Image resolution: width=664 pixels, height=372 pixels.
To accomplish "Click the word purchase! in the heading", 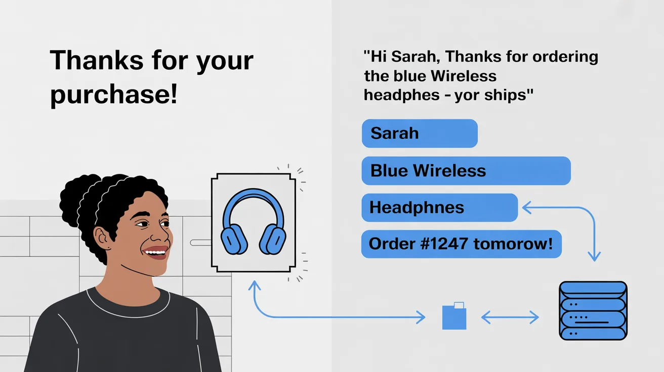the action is pos(114,95).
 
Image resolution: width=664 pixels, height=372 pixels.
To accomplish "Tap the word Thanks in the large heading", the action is pos(97,60).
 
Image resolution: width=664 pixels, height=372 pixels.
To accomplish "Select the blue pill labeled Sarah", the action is pos(420,133).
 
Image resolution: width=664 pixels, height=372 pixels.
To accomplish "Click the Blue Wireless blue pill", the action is pos(466,171).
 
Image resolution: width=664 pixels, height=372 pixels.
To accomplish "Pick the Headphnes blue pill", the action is pos(440,207).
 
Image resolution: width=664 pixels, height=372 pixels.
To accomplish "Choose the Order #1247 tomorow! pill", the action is pos(461,244).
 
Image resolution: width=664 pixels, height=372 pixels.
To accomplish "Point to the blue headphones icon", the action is pos(254,222).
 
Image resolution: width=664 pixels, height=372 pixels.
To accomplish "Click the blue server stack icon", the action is pos(593,310).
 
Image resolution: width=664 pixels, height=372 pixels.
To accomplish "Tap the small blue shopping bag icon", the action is pos(454,316).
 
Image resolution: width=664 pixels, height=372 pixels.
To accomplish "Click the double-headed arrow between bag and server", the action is pos(510,317).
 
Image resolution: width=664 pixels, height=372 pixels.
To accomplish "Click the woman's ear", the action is pos(102,239).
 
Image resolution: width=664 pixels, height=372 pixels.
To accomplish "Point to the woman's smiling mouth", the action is pos(156,252).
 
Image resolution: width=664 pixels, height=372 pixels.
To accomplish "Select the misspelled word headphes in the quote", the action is pos(402,96).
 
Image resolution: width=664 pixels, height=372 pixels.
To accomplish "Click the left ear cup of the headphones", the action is pos(234,240).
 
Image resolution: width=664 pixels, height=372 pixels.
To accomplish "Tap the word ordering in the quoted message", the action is pos(565,57).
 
